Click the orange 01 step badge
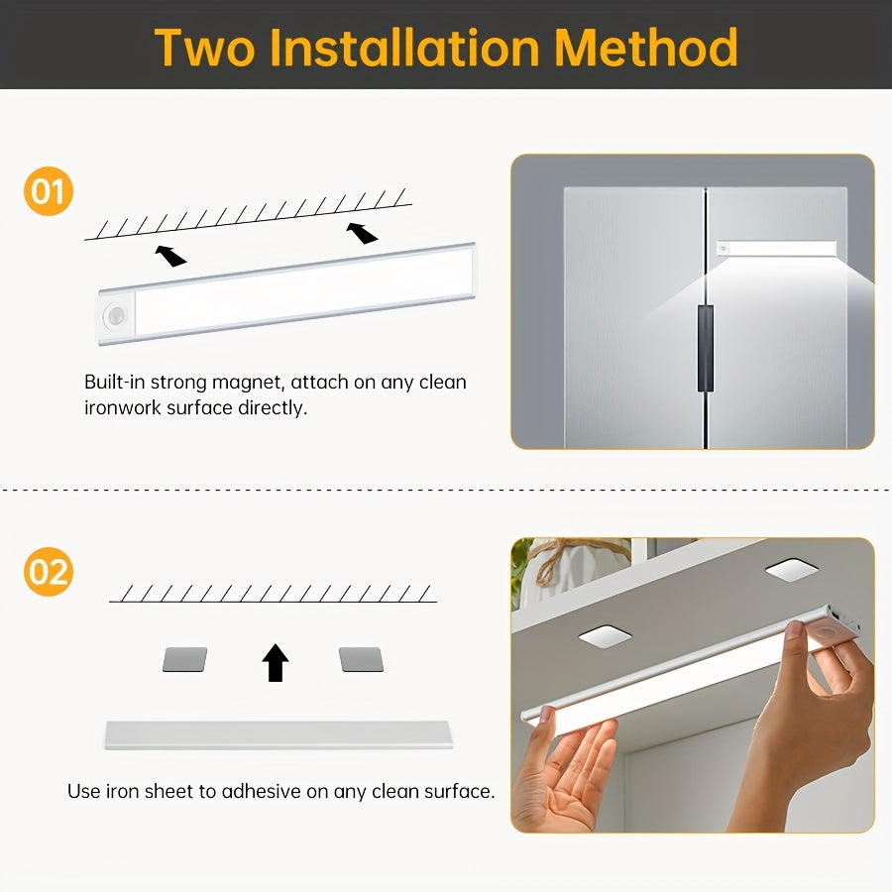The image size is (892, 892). click(48, 191)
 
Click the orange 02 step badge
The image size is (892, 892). click(48, 572)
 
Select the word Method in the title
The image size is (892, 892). click(647, 47)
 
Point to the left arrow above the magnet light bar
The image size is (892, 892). click(170, 256)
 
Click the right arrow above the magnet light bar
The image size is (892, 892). click(362, 232)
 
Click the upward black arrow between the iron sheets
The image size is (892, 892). click(276, 662)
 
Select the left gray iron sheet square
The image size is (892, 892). click(184, 659)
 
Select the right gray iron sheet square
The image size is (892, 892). click(360, 659)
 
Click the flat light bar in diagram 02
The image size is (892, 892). click(278, 734)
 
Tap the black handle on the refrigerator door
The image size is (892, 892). click(705, 348)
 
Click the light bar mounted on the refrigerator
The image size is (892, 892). click(778, 248)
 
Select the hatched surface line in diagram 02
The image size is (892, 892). click(273, 594)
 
